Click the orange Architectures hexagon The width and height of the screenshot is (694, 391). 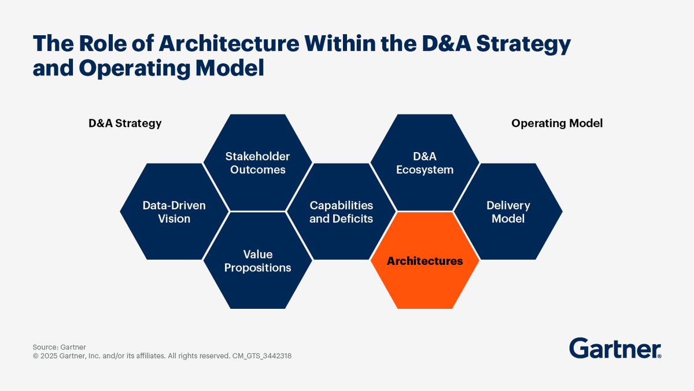click(x=424, y=261)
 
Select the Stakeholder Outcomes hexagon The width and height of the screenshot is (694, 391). click(x=257, y=163)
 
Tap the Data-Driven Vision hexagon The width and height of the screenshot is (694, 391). click(x=174, y=212)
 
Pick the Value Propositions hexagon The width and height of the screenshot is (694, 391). click(x=257, y=261)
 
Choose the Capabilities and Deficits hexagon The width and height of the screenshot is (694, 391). click(x=341, y=212)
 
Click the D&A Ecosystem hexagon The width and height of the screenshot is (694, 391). click(x=424, y=163)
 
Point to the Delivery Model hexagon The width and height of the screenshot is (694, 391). click(x=508, y=212)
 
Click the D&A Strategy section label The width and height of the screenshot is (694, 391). click(x=125, y=123)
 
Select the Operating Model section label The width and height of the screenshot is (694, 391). click(x=557, y=123)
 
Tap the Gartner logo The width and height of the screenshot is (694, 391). click(x=615, y=349)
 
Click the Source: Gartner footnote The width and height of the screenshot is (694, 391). click(x=59, y=347)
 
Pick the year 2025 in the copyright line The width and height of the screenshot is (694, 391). click(x=50, y=356)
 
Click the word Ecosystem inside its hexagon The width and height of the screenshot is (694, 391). click(x=424, y=170)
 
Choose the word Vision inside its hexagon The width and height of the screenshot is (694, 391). click(x=174, y=219)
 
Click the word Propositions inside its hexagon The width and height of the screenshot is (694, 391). click(x=257, y=268)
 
